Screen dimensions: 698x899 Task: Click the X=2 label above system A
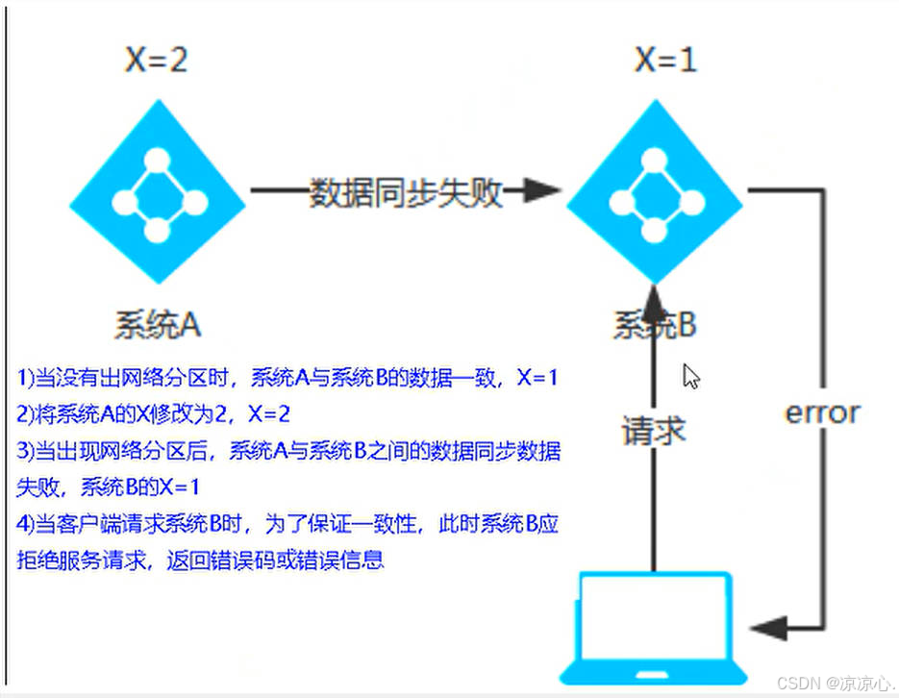(156, 61)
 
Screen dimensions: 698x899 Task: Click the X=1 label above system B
(665, 61)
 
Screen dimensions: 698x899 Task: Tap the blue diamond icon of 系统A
(159, 197)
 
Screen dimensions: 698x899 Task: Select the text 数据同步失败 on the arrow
(406, 192)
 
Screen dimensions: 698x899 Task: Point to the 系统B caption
(655, 325)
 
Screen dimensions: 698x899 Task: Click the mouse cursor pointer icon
(690, 376)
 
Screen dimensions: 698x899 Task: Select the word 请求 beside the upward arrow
(654, 430)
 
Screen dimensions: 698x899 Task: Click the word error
(823, 412)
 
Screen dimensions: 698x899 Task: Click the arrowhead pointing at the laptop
(769, 630)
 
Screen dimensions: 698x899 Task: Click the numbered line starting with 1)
(288, 379)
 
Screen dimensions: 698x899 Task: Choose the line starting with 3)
(289, 451)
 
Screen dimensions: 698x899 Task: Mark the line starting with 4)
(289, 524)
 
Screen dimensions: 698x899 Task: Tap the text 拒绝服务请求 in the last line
(73, 561)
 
